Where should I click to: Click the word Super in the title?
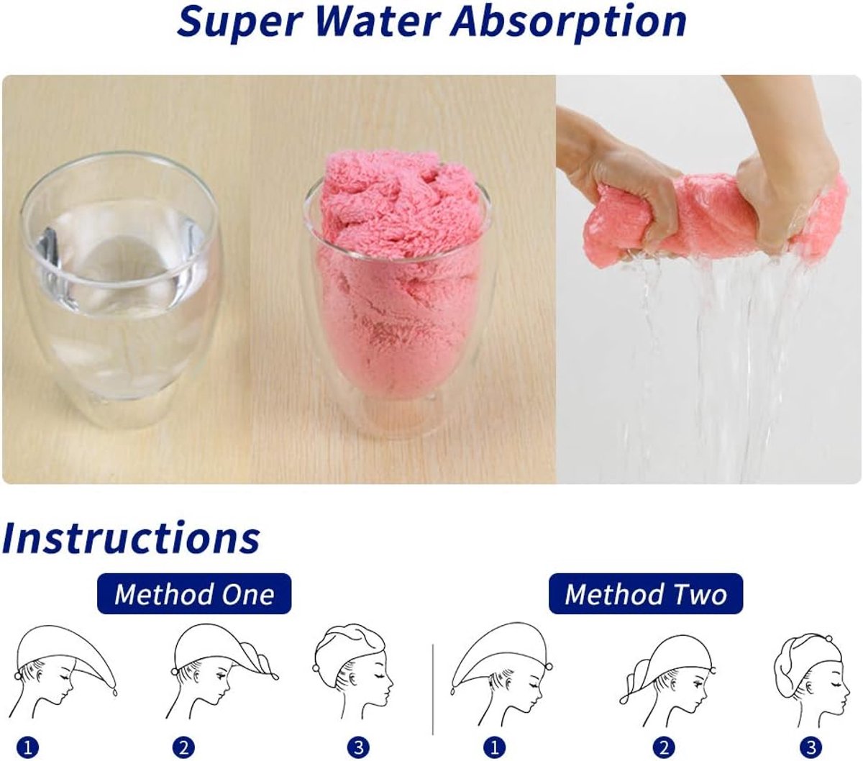click(232, 22)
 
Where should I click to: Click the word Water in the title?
click(368, 22)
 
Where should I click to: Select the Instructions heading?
click(131, 537)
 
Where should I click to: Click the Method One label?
click(194, 594)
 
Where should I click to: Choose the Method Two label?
click(645, 594)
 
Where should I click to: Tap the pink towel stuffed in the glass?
click(399, 273)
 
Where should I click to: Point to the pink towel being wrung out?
click(712, 216)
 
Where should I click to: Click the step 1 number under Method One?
click(27, 747)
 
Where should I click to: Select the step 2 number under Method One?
click(183, 747)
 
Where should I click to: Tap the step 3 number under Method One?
click(357, 747)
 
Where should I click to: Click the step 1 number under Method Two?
click(494, 747)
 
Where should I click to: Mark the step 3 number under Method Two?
click(811, 747)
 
